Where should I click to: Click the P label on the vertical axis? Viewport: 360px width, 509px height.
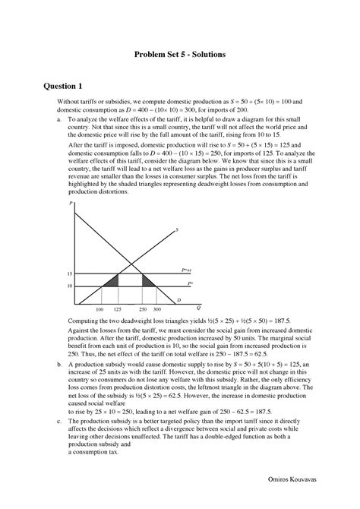pos(70,205)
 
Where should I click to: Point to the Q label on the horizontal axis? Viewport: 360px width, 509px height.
pos(198,308)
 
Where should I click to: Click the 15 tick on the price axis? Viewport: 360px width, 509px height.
pos(68,273)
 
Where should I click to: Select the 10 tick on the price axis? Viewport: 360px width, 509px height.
pos(68,286)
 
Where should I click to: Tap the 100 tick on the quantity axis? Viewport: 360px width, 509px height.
pos(99,311)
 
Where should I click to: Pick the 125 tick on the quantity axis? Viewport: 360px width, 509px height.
pos(117,311)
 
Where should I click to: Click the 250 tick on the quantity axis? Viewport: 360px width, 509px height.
pos(143,311)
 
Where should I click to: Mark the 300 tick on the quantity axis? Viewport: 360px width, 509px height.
pos(156,311)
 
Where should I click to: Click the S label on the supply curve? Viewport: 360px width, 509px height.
pos(176,229)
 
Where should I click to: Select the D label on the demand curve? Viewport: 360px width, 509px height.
pos(178,300)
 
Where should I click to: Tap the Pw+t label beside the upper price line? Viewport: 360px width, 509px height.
pos(186,270)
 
